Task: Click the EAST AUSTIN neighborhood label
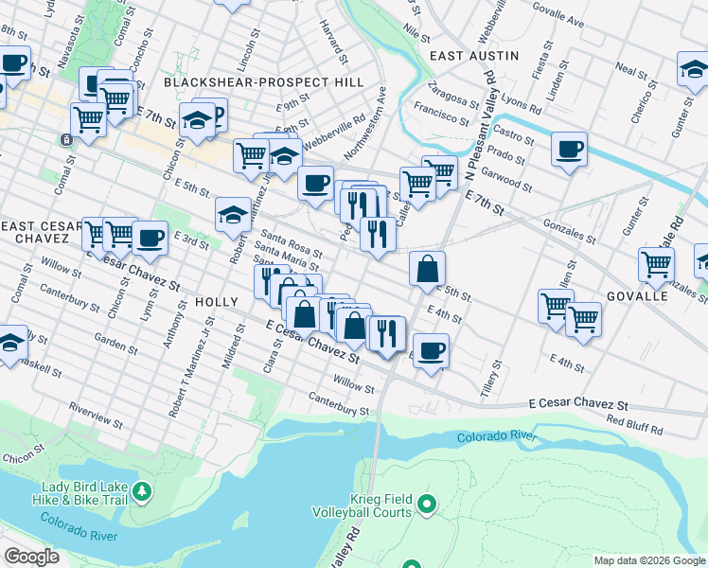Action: coord(474,56)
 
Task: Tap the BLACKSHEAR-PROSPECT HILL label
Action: coord(263,82)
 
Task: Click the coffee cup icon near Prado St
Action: coord(569,149)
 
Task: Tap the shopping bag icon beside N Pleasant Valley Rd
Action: coord(428,269)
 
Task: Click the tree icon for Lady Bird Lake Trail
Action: coord(141,490)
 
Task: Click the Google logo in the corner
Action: coord(31,557)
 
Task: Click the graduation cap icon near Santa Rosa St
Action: coord(233,215)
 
